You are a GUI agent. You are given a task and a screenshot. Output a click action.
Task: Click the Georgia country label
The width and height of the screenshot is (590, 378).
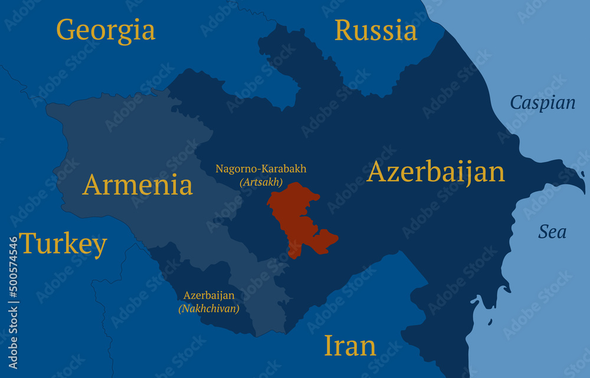pyautogui.click(x=106, y=30)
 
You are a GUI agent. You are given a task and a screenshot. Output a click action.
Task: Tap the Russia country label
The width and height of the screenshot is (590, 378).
pyautogui.click(x=376, y=31)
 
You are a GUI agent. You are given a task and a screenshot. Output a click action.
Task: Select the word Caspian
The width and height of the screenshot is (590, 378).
pyautogui.click(x=542, y=103)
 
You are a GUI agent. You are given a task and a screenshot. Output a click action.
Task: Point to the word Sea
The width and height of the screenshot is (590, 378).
pyautogui.click(x=552, y=232)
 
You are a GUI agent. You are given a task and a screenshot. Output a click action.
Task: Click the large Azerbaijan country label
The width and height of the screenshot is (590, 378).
pyautogui.click(x=435, y=172)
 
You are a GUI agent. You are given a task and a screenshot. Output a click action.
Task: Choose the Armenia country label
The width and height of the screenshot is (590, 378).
pyautogui.click(x=137, y=185)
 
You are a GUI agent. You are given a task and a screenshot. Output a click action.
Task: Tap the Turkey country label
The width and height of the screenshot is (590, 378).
pyautogui.click(x=63, y=244)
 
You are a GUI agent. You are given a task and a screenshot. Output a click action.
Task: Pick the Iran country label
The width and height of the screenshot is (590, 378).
pyautogui.click(x=350, y=346)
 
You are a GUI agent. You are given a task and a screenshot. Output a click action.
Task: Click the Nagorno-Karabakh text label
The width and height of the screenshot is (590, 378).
pyautogui.click(x=261, y=169)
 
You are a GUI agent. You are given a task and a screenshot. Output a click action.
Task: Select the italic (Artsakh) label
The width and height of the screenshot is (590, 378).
pyautogui.click(x=261, y=183)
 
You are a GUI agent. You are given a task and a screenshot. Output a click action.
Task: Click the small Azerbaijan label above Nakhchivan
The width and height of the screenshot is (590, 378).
pyautogui.click(x=209, y=295)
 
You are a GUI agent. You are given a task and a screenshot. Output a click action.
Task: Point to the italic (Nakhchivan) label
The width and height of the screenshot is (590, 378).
pyautogui.click(x=209, y=308)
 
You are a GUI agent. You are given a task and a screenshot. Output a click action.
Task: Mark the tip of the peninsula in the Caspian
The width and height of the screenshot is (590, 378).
pyautogui.click(x=584, y=190)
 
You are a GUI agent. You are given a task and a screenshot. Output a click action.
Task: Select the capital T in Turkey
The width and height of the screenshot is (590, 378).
pyautogui.click(x=28, y=243)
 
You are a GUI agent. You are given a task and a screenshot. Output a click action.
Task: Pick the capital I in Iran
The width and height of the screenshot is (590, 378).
pyautogui.click(x=329, y=346)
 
